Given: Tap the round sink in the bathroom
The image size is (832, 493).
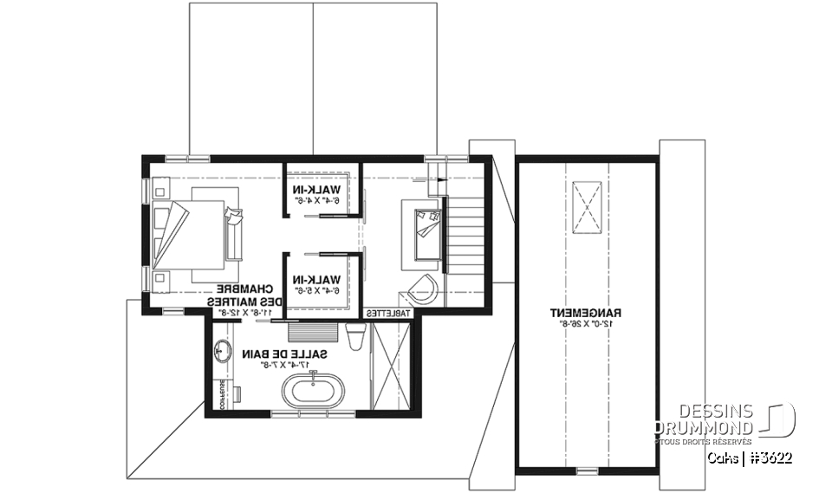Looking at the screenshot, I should pos(221,351).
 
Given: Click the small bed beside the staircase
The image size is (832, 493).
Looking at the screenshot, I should pos(424,229).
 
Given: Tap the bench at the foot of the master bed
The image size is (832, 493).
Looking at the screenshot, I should pos(234,233).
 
